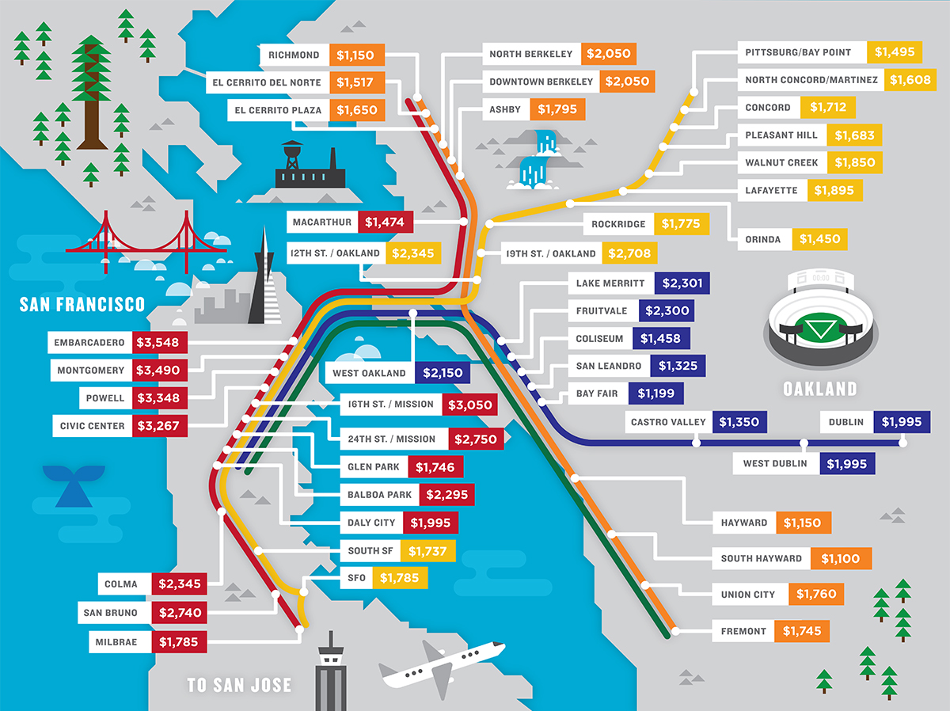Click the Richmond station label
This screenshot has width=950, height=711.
(294, 55)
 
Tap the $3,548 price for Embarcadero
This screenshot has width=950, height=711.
(161, 343)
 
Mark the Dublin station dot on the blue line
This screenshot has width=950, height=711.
(904, 443)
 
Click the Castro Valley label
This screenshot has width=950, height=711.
(667, 422)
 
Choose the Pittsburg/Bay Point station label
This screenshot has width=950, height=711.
(798, 52)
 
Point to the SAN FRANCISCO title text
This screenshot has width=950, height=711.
(82, 304)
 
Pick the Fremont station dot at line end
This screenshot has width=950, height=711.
(675, 632)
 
